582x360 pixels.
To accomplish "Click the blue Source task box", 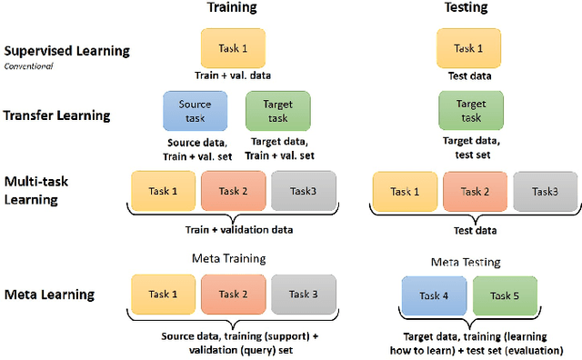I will [x=195, y=111].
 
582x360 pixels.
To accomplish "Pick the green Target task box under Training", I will [x=277, y=111].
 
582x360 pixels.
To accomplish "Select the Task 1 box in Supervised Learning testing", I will [x=468, y=46].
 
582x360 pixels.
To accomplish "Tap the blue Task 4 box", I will [x=433, y=295].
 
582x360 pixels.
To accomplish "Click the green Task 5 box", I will [x=502, y=295].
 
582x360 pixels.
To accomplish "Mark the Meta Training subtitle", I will [x=229, y=258].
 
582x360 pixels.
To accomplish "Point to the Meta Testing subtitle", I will [x=467, y=261].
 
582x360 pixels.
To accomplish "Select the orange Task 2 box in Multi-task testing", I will [x=474, y=192].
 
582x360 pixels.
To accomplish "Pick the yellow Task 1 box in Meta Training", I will [x=164, y=295].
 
